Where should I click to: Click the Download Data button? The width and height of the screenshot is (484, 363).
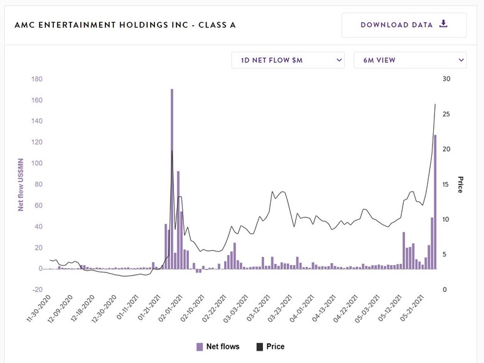coord(404,25)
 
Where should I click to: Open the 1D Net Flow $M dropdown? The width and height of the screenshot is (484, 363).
coord(287,60)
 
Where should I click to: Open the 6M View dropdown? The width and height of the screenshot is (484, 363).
coord(410,60)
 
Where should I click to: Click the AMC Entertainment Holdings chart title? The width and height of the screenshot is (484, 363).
coord(125,25)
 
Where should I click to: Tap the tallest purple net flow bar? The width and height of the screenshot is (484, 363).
coord(172,178)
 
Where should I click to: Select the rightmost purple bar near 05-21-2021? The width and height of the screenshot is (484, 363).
coord(435,201)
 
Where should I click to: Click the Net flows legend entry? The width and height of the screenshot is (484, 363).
coord(217,346)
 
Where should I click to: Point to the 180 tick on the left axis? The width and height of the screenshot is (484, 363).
coord(36,79)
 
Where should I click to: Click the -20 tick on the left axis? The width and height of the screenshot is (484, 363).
coord(36,290)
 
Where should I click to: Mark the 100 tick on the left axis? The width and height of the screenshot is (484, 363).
coord(36,163)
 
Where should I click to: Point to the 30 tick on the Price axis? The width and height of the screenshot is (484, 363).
coord(446,79)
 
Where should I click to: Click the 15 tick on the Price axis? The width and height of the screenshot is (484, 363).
coord(446,184)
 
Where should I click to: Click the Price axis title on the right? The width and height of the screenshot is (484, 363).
coord(460,184)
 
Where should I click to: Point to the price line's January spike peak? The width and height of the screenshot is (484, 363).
coord(172,151)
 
